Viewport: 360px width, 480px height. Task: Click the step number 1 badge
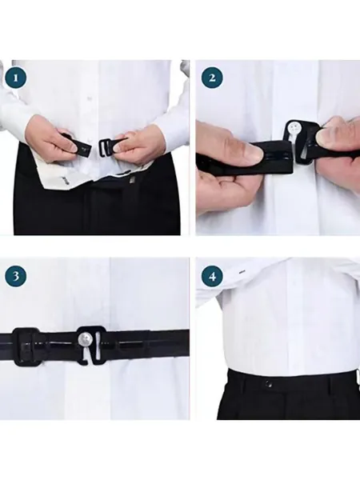tap(16, 78)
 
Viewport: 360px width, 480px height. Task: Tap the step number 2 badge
tap(212, 78)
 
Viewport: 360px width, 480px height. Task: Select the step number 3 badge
tap(16, 277)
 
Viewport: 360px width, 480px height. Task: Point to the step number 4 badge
tap(212, 277)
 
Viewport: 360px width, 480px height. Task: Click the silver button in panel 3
tap(84, 339)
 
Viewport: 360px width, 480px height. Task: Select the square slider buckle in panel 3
tap(26, 347)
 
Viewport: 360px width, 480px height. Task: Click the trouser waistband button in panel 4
tap(269, 382)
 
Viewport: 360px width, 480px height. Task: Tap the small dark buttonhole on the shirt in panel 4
tap(242, 272)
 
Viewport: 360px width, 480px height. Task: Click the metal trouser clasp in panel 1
tap(131, 180)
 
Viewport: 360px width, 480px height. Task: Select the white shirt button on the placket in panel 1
tap(90, 98)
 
